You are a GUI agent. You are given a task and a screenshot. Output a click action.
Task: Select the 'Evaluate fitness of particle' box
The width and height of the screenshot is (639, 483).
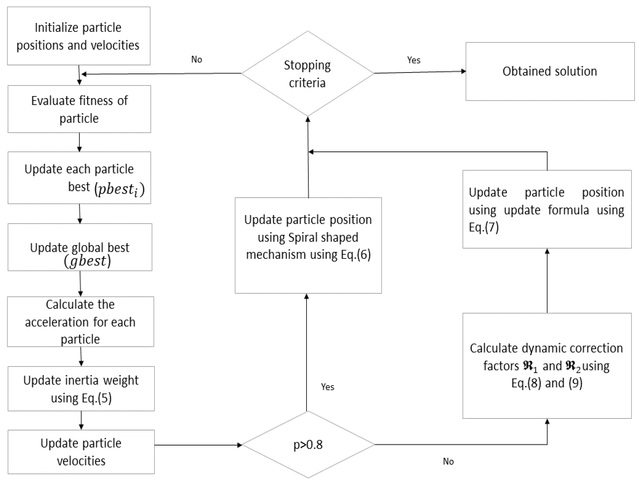tap(79, 109)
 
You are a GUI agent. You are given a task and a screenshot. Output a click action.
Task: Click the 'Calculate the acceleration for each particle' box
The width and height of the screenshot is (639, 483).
tap(80, 322)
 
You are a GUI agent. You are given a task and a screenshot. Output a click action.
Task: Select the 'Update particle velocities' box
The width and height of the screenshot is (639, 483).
tap(81, 452)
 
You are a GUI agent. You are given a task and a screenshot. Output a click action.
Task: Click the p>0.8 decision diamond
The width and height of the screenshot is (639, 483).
tap(308, 445)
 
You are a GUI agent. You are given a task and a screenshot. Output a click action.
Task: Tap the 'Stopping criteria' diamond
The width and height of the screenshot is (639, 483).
tap(307, 74)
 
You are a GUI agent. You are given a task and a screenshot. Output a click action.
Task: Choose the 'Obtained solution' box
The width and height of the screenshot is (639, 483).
tap(550, 71)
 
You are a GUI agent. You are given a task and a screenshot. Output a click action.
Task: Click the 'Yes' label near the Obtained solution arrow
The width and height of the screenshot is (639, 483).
tap(414, 60)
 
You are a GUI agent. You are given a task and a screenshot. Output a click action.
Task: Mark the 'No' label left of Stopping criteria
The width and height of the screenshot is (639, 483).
tap(196, 59)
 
